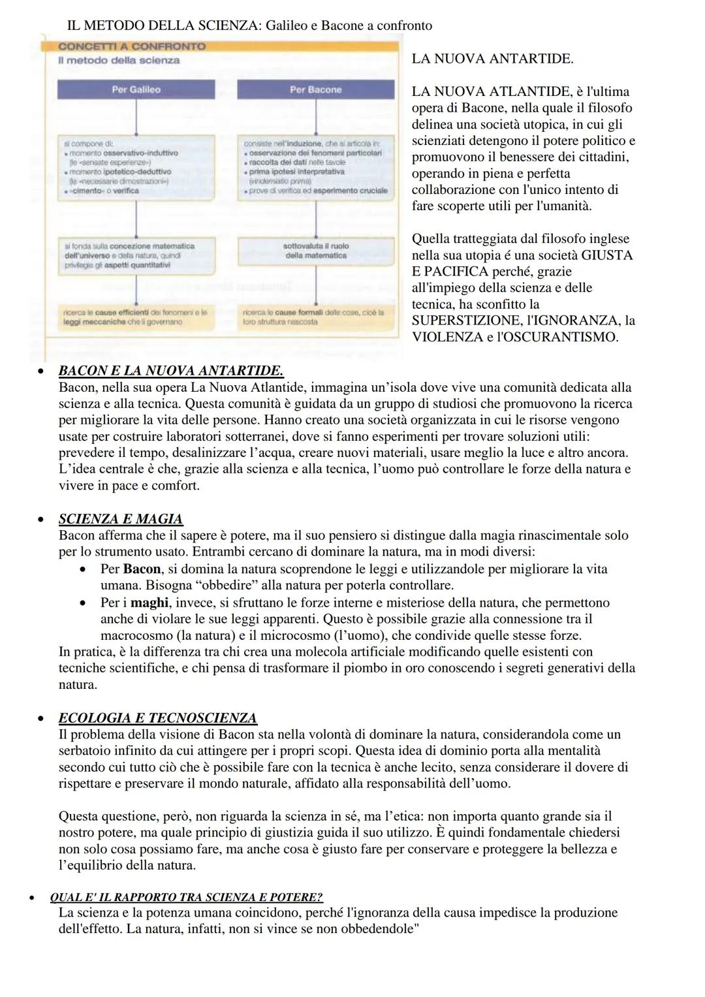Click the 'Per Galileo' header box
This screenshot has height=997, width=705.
tap(136, 89)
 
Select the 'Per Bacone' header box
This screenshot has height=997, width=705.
tap(316, 89)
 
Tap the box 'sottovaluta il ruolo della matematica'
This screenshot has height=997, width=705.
tap(316, 251)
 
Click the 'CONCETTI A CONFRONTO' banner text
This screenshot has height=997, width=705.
tap(132, 47)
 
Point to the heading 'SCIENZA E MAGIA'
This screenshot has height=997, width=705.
tap(121, 519)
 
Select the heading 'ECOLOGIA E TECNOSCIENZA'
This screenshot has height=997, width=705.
tap(157, 718)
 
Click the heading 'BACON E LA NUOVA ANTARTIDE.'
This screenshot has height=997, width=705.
tap(171, 371)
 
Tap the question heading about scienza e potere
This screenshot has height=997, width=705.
tap(187, 897)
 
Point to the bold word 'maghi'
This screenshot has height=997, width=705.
tap(149, 602)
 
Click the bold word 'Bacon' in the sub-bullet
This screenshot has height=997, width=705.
tap(142, 569)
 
